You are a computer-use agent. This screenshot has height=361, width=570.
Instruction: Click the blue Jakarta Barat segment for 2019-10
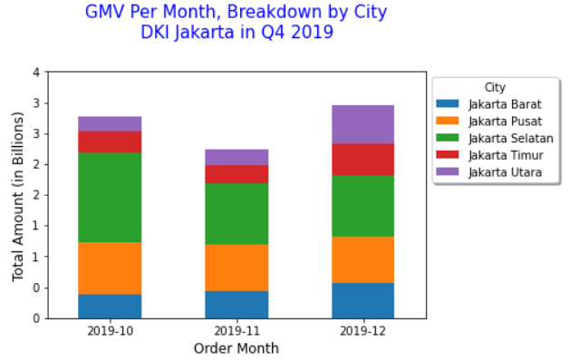pos(110,306)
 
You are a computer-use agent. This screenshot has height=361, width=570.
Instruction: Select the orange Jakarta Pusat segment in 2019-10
pos(110,268)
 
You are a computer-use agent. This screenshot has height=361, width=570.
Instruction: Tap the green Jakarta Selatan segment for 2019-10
pos(110,197)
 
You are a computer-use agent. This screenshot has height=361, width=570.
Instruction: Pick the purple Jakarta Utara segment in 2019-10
pos(110,123)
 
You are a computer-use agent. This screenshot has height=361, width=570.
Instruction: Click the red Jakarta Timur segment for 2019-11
pos(237,173)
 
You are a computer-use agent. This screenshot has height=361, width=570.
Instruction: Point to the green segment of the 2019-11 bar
pos(237,213)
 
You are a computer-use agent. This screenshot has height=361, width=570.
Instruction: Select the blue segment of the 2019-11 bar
pos(237,304)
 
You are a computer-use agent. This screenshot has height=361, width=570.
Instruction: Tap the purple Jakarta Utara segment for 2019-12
pos(363,124)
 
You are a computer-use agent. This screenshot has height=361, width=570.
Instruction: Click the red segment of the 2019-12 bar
pos(363,159)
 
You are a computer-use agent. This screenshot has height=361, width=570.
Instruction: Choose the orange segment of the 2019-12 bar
pos(363,259)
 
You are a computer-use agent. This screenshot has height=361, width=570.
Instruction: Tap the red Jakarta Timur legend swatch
pos(449,155)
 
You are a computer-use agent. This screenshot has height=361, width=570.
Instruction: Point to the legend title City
pos(495,88)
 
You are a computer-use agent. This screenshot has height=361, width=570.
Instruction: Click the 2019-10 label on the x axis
pos(110,331)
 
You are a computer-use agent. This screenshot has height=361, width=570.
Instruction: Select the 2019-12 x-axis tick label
pos(363,331)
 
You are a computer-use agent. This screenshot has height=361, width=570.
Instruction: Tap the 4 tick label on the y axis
pos(35,73)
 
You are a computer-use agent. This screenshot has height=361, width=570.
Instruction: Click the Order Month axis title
pos(237,348)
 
